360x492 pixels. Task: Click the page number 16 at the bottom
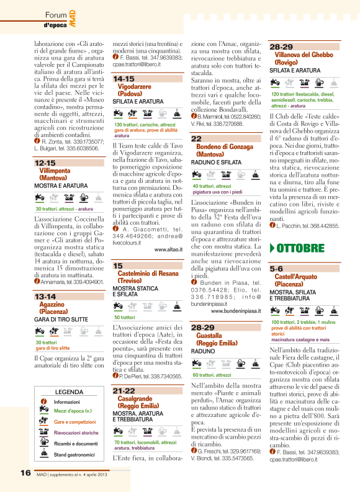25,472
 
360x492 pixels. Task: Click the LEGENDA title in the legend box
69,375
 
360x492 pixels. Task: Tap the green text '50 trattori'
124,317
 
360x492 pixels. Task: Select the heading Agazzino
53,305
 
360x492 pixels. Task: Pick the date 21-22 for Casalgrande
124,373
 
